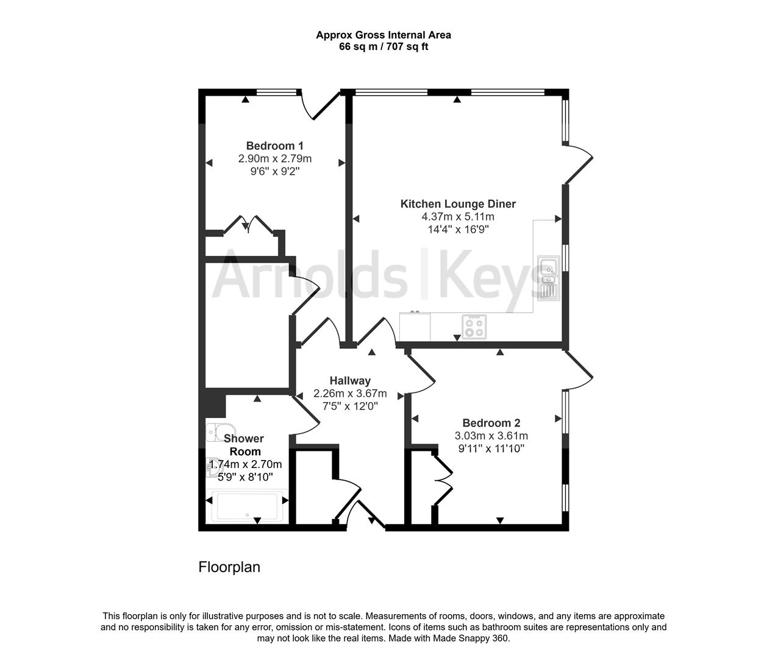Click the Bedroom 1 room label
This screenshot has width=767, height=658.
pyautogui.click(x=274, y=146)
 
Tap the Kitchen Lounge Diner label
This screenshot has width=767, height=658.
pyautogui.click(x=457, y=203)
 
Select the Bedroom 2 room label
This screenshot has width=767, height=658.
pyautogui.click(x=491, y=423)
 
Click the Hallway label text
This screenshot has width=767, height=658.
pyautogui.click(x=350, y=381)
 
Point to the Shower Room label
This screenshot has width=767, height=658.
pyautogui.click(x=244, y=445)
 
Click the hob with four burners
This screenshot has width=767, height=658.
pyautogui.click(x=474, y=326)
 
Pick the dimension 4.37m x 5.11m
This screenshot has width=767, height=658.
pyautogui.click(x=457, y=217)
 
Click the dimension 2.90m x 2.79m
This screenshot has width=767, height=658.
pyautogui.click(x=274, y=159)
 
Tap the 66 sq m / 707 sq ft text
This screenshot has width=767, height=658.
pyautogui.click(x=383, y=47)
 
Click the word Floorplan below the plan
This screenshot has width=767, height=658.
pyautogui.click(x=229, y=567)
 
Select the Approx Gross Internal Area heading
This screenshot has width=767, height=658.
pyautogui.click(x=383, y=35)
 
